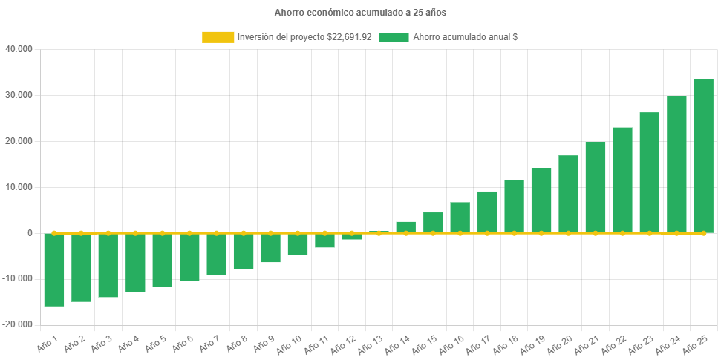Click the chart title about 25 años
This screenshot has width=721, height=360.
[360, 13]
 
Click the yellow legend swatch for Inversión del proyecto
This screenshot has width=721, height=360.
[217, 37]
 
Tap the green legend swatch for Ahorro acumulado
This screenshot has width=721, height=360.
[394, 37]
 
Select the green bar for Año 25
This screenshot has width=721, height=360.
[703, 156]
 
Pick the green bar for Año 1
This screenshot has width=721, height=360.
[54, 269]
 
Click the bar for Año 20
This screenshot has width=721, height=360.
[568, 194]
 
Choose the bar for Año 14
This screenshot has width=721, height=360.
[405, 227]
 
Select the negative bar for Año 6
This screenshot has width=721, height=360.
[189, 257]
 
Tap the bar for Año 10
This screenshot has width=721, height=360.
[298, 244]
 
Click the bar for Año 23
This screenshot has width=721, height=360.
[649, 172]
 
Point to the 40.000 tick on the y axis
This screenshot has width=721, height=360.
[19, 49]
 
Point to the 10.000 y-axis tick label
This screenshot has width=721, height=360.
[19, 187]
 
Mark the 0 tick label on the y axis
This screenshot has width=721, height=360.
[30, 233]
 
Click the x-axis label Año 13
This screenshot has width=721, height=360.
[368, 344]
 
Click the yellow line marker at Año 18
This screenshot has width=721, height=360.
[514, 233]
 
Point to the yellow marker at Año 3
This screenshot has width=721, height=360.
[108, 233]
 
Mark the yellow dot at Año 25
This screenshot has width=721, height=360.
[703, 233]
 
